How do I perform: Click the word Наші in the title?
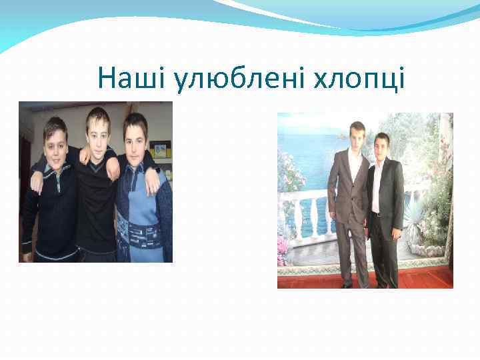pyautogui.click(x=131, y=79)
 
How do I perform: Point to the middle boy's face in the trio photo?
pyautogui.click(x=98, y=129)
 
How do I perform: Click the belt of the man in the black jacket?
pyautogui.click(x=377, y=214)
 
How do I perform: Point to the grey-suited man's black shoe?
pyautogui.click(x=347, y=285)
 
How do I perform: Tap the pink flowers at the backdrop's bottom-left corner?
pyautogui.click(x=283, y=251)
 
